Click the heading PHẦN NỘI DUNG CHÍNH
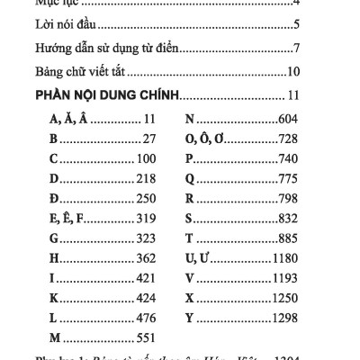point(107,94)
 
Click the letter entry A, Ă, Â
point(63,118)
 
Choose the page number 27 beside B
point(148,139)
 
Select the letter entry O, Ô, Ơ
point(208,139)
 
